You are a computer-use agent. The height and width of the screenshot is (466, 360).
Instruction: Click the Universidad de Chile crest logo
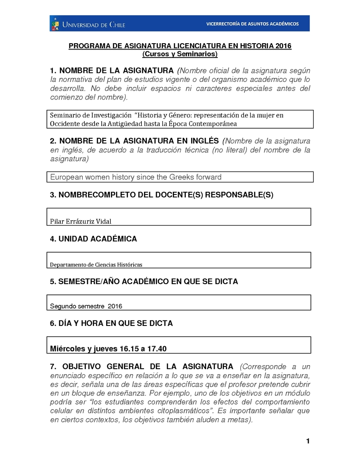tap(55, 23)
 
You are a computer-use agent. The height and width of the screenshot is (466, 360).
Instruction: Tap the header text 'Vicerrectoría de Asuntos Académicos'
tap(252, 23)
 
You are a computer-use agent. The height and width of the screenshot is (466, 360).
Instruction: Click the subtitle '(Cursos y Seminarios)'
tap(180, 54)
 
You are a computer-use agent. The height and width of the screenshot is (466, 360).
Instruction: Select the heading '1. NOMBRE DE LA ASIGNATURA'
tap(112, 71)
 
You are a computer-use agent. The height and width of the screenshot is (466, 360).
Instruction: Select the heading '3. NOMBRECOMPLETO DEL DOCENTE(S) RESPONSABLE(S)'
tap(162, 195)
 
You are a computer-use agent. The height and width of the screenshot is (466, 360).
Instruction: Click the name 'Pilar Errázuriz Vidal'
tap(81, 221)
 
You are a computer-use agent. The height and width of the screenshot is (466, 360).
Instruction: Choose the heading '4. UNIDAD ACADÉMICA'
tap(93, 239)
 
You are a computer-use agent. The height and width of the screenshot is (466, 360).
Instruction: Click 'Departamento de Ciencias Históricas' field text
tap(99, 265)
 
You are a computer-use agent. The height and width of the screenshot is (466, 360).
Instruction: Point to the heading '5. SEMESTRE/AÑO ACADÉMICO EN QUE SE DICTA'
tap(144, 281)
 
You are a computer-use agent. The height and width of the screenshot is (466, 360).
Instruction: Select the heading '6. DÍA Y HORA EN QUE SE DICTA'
tap(111, 323)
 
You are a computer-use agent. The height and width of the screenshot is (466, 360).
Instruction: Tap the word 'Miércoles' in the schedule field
tap(67, 348)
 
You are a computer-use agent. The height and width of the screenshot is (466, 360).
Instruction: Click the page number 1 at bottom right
tap(308, 441)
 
